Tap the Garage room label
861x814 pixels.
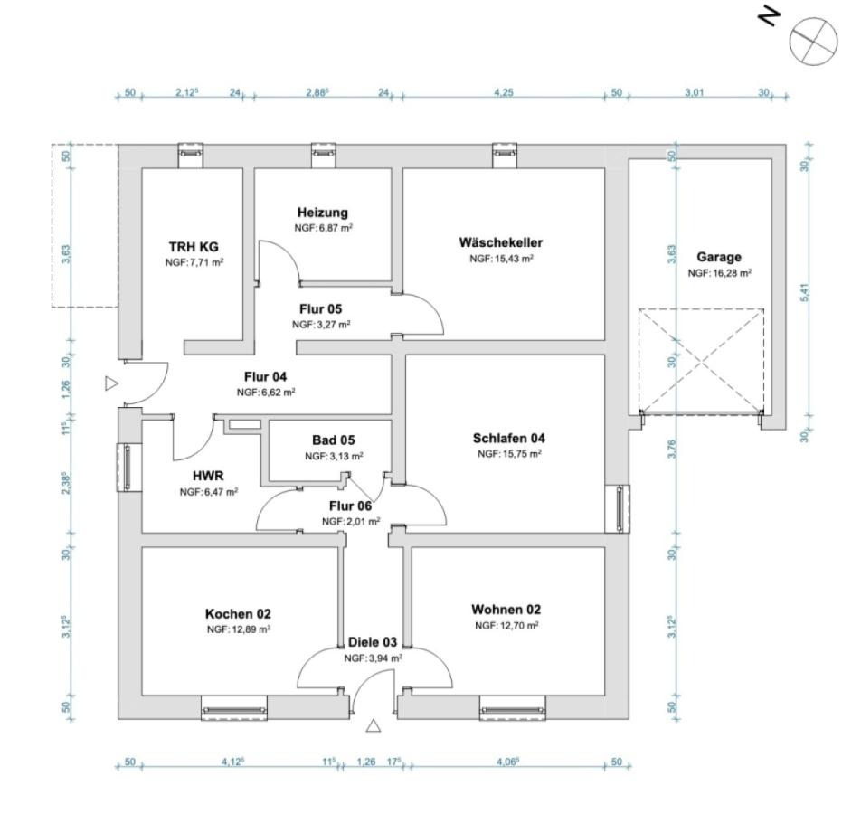click(x=719, y=257)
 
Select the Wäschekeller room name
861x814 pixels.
click(x=500, y=242)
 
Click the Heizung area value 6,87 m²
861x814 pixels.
click(x=323, y=228)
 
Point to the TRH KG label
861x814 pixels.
click(x=194, y=246)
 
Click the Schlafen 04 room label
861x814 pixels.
click(x=508, y=439)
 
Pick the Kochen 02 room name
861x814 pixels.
click(x=238, y=614)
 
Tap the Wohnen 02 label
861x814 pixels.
click(x=506, y=610)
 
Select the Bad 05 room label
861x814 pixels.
click(x=334, y=440)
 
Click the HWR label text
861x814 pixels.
click(x=208, y=475)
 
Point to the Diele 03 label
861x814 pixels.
click(x=373, y=642)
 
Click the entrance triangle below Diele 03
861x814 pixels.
click(x=373, y=725)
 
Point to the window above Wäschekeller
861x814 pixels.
click(x=504, y=155)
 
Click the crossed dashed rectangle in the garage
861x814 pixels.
click(x=701, y=361)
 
